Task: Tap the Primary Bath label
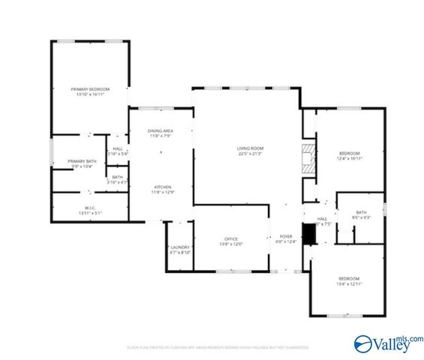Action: pos(80,161)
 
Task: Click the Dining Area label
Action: pos(161,131)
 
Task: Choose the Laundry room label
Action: pos(179,247)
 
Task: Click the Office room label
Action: pos(231,238)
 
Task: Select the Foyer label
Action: pos(286,235)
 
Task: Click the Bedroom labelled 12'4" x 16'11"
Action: pos(349,153)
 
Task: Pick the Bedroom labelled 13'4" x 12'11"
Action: pos(349,278)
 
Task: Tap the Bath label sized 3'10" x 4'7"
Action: pos(118,177)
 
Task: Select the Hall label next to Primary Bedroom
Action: pos(118,148)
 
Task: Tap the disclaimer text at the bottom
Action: pos(218,347)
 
